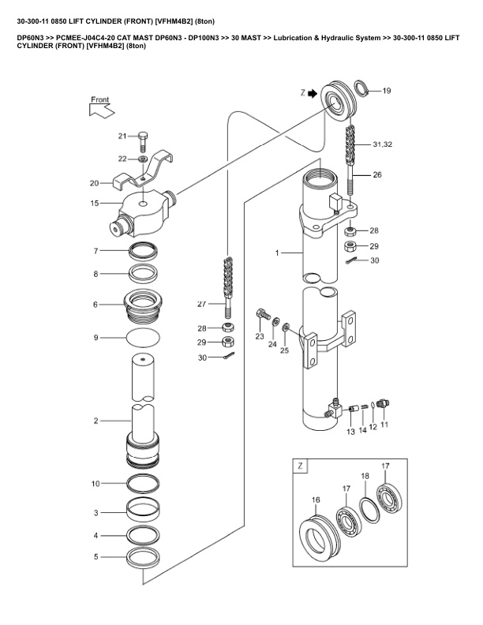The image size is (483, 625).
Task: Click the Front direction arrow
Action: [102, 110]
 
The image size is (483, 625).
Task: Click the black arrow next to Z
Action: [313, 93]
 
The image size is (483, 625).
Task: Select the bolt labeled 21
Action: [143, 141]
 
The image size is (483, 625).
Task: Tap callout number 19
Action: [387, 91]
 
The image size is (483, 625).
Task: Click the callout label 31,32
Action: [383, 144]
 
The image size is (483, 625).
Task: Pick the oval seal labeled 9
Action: [143, 338]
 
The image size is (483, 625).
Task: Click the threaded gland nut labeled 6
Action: [144, 305]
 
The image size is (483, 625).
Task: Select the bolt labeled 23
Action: [263, 315]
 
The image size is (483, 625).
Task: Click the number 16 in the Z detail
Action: [316, 500]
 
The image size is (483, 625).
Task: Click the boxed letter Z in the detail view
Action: [301, 466]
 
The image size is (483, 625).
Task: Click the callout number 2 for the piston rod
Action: [95, 421]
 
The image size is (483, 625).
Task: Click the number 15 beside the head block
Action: [95, 204]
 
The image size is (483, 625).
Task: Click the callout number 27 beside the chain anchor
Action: [202, 304]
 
